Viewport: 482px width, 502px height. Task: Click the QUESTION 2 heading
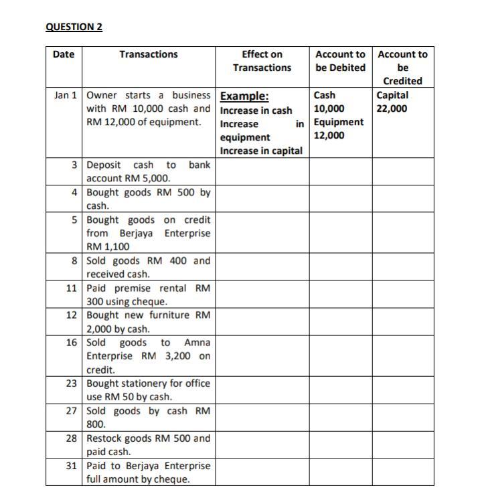[74, 27]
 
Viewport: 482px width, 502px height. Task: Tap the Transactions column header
[149, 54]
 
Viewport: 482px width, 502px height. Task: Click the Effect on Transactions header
[262, 61]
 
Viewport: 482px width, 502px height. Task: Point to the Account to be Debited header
[340, 61]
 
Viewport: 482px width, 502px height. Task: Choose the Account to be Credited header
[402, 68]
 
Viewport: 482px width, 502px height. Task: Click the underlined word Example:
[244, 96]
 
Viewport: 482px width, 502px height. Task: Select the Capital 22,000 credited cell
[392, 102]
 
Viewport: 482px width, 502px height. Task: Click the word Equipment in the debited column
[339, 122]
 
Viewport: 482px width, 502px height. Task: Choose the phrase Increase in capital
[261, 151]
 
